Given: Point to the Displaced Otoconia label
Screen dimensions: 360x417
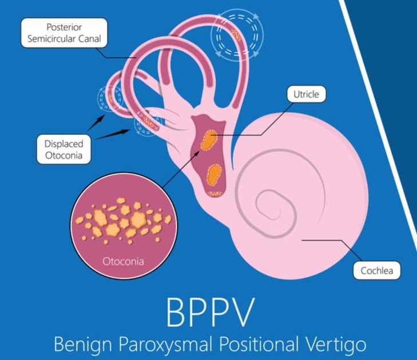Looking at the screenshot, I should coord(63,149).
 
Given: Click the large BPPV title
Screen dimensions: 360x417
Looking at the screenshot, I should coord(208,311).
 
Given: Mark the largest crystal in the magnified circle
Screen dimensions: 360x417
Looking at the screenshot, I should coord(138,219).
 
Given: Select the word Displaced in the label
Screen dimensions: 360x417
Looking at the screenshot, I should coord(63,143).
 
